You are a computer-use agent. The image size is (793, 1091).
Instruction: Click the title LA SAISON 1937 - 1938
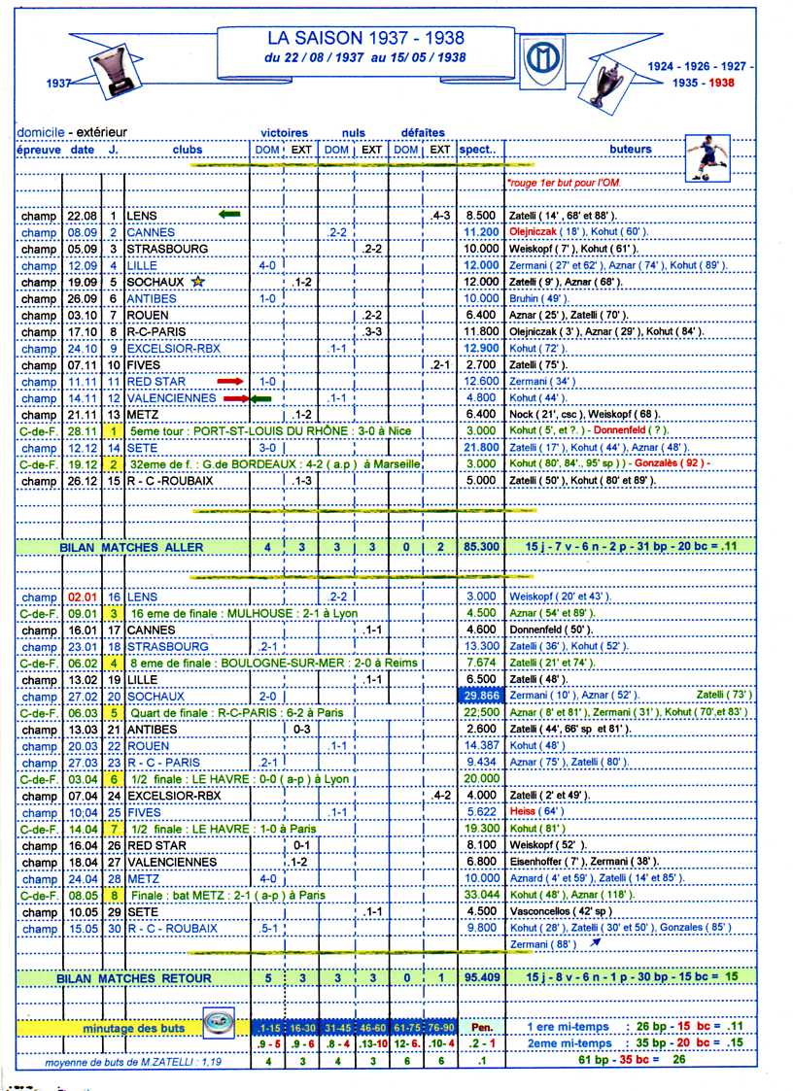tap(365, 38)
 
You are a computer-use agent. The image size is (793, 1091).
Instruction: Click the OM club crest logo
tap(537, 61)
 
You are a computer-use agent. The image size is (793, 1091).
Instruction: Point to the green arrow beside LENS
tap(229, 215)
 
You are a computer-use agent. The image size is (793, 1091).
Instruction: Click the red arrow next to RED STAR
tap(230, 382)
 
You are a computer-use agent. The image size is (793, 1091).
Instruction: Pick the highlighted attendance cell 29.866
tap(480, 697)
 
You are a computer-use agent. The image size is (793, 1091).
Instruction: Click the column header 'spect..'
tap(477, 150)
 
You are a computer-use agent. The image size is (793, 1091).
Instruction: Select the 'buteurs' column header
tap(631, 150)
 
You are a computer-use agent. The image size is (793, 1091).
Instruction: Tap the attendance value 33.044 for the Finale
tap(480, 895)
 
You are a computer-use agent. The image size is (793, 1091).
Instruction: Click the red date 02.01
tap(82, 597)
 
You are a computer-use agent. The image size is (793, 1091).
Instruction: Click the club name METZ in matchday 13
tap(142, 415)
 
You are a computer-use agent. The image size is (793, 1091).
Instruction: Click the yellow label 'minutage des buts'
tap(123, 1027)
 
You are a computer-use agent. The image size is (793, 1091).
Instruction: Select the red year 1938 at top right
tap(721, 83)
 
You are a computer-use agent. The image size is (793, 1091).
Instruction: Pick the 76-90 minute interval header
tap(439, 1027)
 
